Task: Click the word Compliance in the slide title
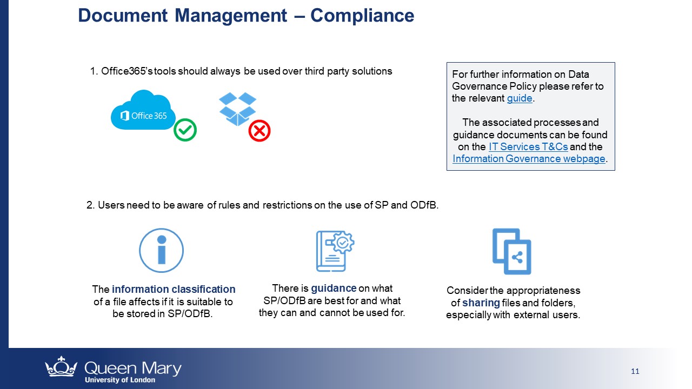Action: point(362,16)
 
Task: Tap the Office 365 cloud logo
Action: point(143,111)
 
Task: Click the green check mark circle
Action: point(185,130)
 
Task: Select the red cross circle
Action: point(259,131)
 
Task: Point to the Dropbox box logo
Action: point(237,109)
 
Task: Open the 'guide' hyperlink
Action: point(520,98)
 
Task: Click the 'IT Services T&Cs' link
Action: point(528,146)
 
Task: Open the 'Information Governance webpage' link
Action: point(529,159)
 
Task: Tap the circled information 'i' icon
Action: point(161,250)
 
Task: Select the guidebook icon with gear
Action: point(335,251)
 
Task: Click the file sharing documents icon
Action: point(511,251)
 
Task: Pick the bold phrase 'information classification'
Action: point(174,289)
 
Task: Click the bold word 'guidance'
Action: point(334,289)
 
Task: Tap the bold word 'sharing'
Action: point(481,303)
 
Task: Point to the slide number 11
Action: point(635,371)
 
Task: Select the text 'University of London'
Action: point(120,380)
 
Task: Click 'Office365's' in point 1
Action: point(127,71)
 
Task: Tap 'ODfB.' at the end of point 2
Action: point(424,205)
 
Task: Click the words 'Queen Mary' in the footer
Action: point(133,368)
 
